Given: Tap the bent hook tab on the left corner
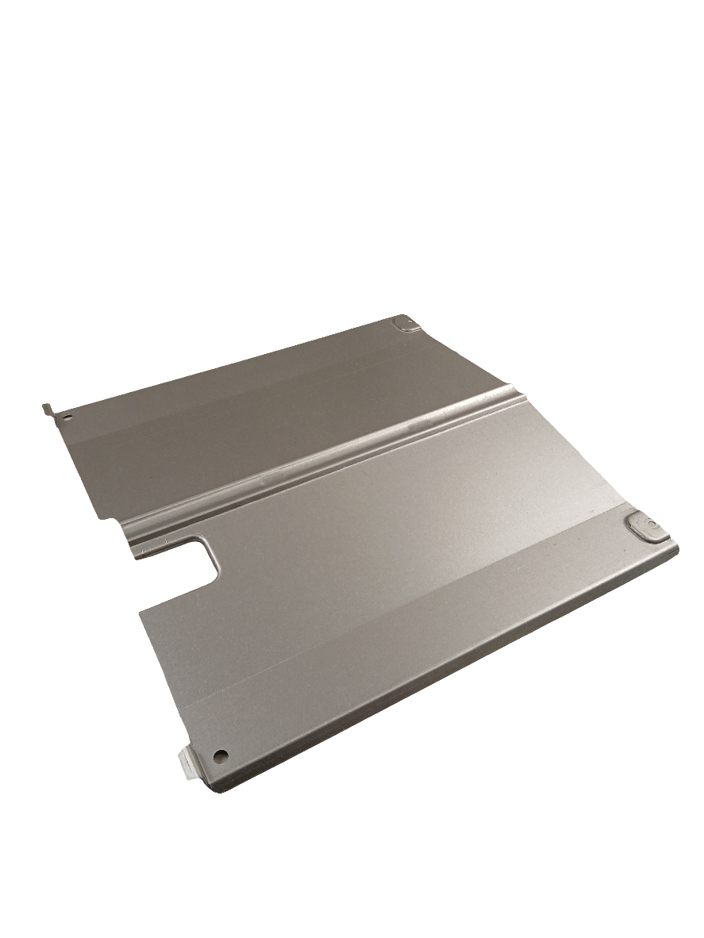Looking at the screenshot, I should click(48, 408).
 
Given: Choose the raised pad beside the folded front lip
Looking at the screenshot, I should click(647, 528).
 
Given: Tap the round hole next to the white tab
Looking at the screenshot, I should click(221, 755).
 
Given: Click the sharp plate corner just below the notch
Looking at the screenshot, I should click(140, 612).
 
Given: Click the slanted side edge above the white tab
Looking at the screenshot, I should click(163, 682).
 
